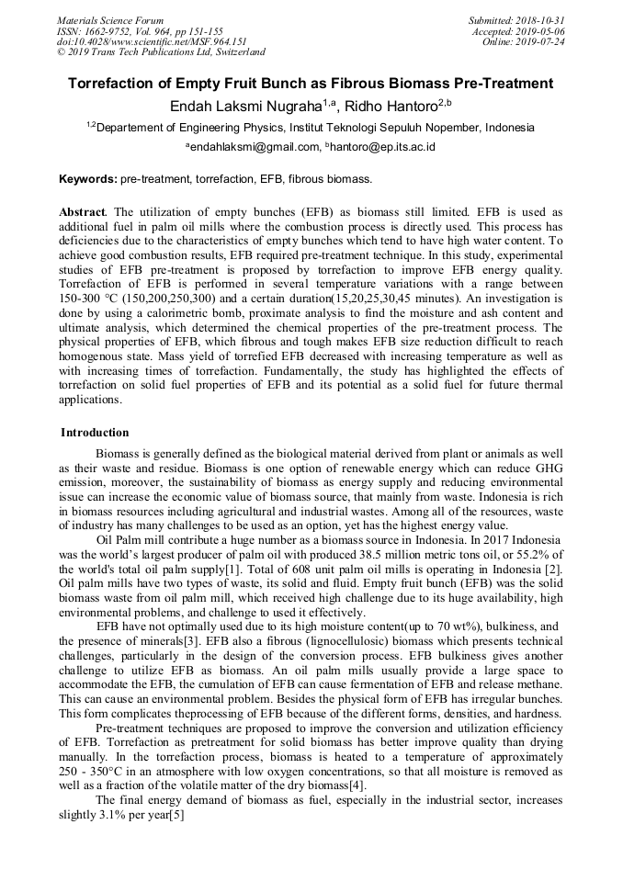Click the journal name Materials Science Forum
coord(110,20)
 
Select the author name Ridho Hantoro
coord(396,107)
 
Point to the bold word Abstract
coord(82,211)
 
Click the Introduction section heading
coord(95,433)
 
